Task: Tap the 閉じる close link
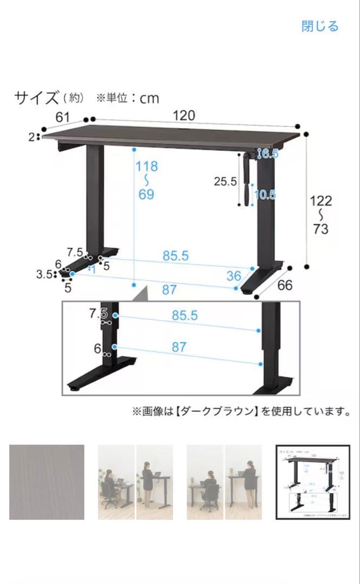coord(320,26)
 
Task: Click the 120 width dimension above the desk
coord(184,115)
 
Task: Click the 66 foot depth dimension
coord(284,285)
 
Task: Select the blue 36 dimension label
coord(234,276)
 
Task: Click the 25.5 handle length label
coord(225,182)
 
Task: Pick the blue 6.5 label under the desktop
coord(269,154)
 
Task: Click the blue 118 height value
coord(146,166)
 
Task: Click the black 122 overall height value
coord(321,201)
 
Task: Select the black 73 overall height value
coord(321,229)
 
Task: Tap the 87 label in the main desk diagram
coord(169,290)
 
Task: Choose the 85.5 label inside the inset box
coord(185,316)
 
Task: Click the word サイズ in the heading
coord(36,98)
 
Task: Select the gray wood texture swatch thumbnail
coord(46,482)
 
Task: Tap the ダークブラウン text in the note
coord(222,412)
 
